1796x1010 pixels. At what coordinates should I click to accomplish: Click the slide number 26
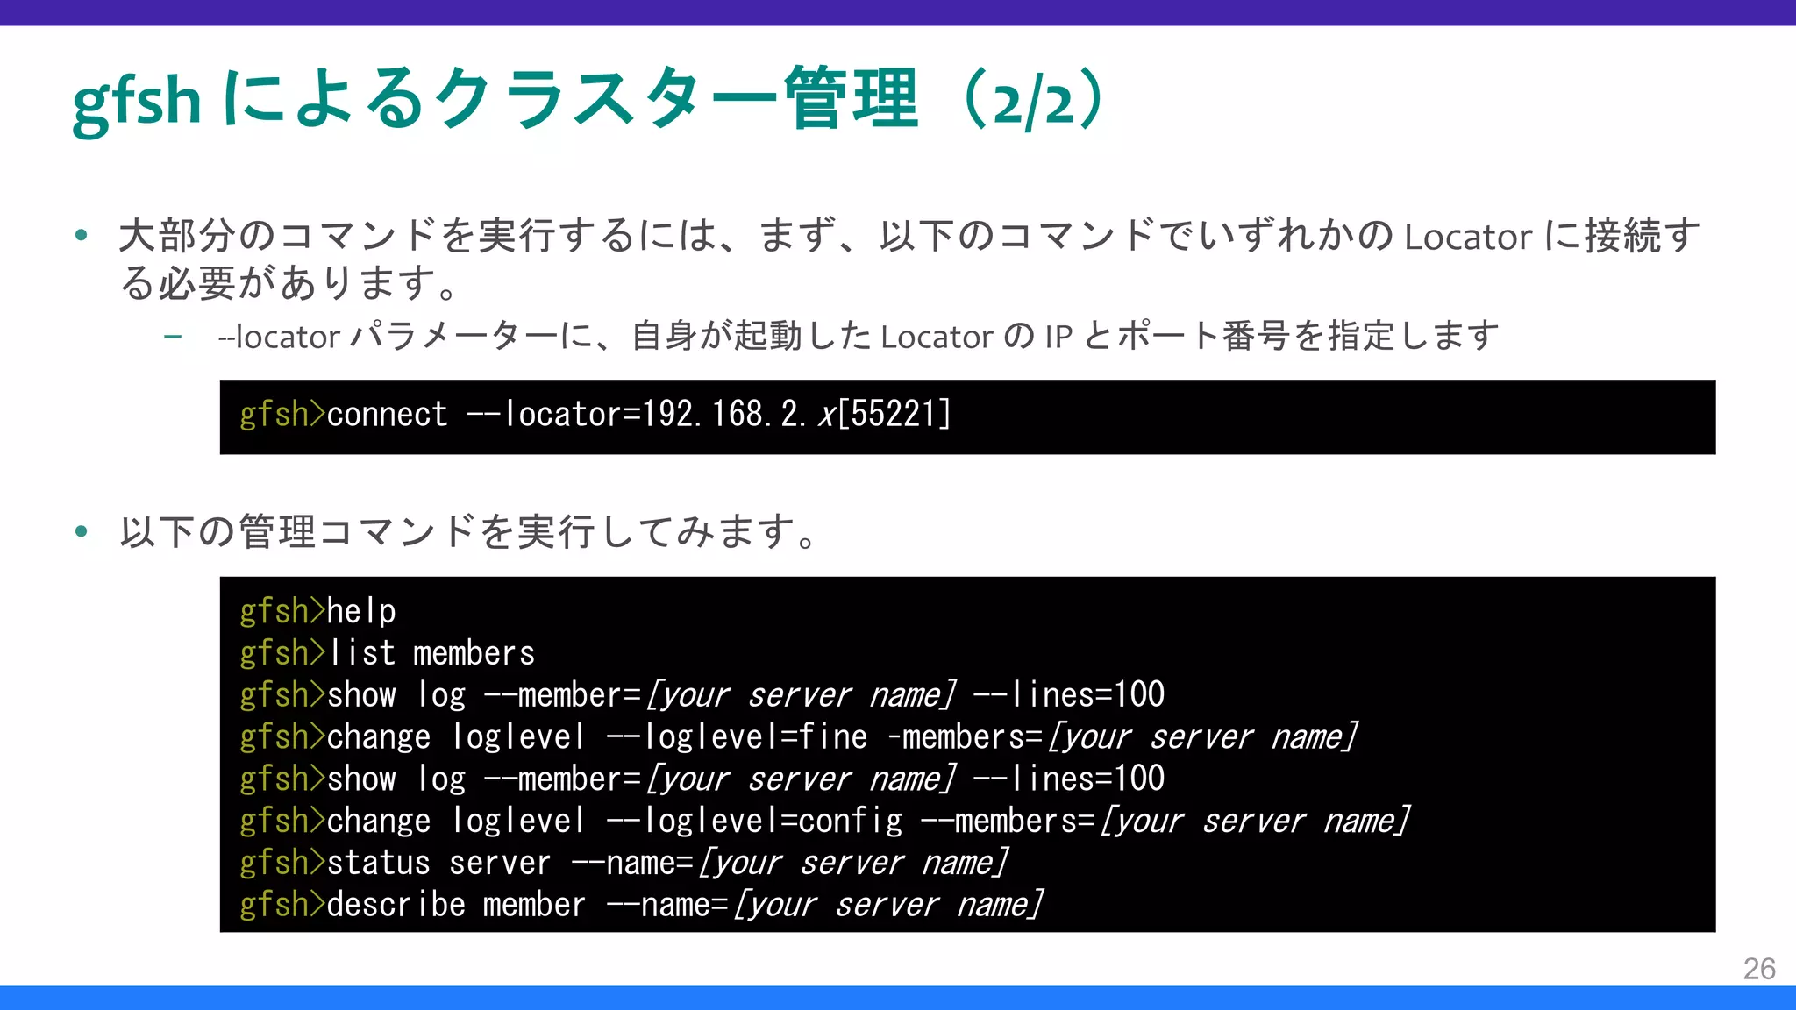pos(1758,969)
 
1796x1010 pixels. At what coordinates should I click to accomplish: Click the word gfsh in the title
pos(137,101)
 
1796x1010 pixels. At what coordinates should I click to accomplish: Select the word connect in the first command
pos(387,415)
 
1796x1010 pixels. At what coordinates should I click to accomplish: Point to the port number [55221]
pos(894,415)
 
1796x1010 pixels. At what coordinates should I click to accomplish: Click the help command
pos(361,611)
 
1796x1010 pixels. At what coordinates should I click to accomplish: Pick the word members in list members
pos(474,653)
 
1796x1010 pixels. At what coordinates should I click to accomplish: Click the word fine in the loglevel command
pos(833,737)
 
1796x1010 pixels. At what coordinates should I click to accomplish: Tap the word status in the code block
pos(379,864)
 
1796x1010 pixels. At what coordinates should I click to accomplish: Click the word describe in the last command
pos(396,905)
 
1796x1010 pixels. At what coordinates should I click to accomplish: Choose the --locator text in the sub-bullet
pos(279,337)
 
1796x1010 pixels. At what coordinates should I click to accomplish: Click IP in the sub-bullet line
pos(1058,337)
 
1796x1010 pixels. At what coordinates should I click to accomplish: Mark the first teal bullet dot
pos(82,235)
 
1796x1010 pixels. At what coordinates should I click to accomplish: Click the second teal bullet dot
pos(82,531)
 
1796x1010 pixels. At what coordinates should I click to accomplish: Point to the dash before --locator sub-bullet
pos(173,337)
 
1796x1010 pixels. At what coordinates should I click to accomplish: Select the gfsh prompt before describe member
pos(282,905)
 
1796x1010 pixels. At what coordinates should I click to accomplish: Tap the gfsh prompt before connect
pos(282,415)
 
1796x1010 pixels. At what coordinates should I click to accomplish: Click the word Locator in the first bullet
pos(1467,237)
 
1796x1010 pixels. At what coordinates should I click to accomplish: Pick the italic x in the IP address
pos(826,415)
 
